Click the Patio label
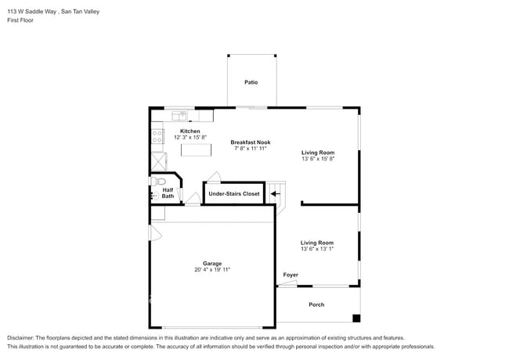coord(251,82)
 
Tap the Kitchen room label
coord(190,131)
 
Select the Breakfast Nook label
coord(251,142)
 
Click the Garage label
coord(212,264)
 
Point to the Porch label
coord(316,304)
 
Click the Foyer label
coord(291,275)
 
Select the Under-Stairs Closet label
coord(234,193)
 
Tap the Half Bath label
coord(168,193)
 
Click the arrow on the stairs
coord(276,194)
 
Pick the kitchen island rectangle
coord(196,150)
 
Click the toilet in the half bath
coord(158,182)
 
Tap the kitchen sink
coord(179,115)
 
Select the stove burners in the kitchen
coord(157,136)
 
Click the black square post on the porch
coord(356,319)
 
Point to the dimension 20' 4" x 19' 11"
coord(212,269)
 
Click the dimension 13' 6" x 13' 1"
coord(317,249)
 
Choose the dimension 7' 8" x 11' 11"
coord(251,148)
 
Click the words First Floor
coord(20,20)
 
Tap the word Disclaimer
coord(20,337)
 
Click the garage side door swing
coord(156,233)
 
